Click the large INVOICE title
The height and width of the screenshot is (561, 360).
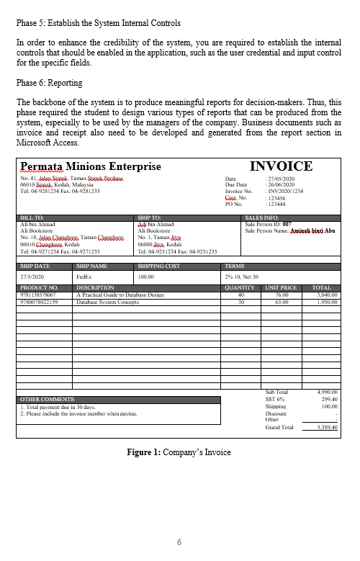pyautogui.click(x=281, y=166)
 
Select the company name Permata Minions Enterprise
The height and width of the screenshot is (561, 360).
pyautogui.click(x=91, y=166)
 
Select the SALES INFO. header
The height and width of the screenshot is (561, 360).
pyautogui.click(x=262, y=217)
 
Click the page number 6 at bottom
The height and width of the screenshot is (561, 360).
pyautogui.click(x=180, y=541)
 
